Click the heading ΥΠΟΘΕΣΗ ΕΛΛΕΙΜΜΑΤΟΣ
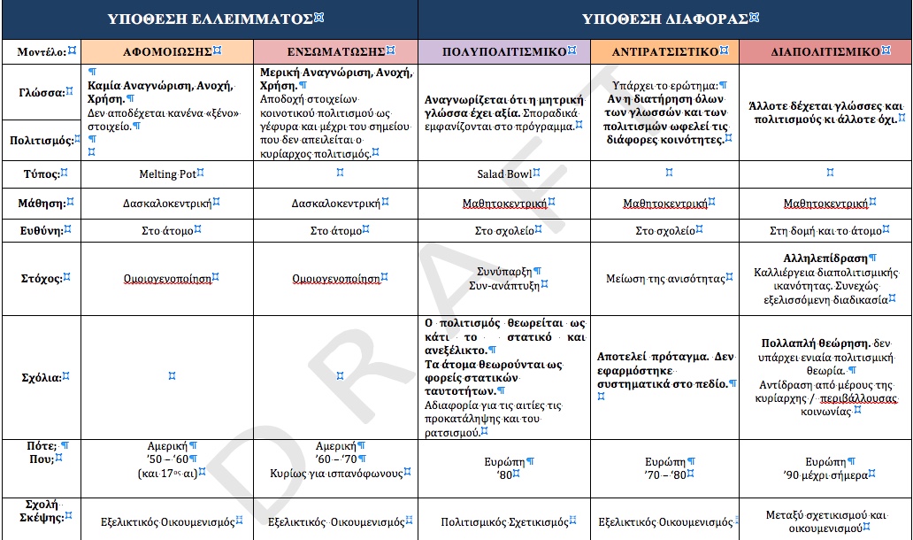click(x=210, y=19)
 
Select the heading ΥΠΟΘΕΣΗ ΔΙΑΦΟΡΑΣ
click(x=664, y=19)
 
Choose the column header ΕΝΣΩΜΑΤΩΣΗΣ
click(x=336, y=51)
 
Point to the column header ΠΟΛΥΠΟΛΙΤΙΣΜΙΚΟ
click(x=504, y=51)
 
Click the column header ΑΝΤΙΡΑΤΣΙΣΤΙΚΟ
click(x=664, y=51)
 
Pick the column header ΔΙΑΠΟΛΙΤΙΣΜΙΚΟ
click(x=825, y=51)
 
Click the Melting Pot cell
click(x=167, y=174)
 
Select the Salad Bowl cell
click(x=504, y=174)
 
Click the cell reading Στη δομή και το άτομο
click(x=825, y=231)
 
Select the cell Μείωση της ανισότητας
click(x=664, y=278)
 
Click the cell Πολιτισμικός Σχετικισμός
click(x=504, y=522)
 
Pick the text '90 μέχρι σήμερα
click(x=825, y=474)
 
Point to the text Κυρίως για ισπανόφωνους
click(x=336, y=473)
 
